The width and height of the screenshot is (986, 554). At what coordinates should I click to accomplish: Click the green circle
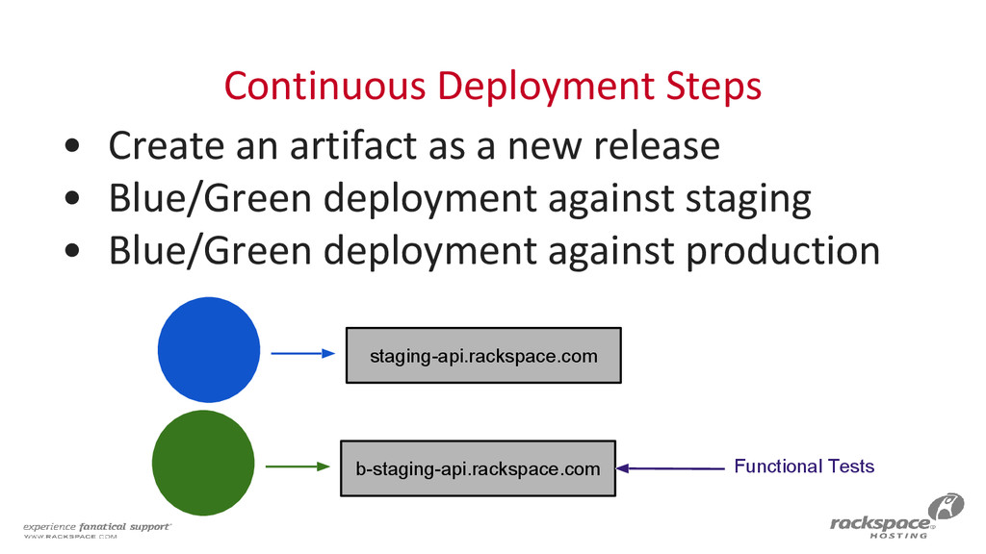coord(203,463)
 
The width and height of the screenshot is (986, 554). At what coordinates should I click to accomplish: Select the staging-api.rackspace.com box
coord(483,356)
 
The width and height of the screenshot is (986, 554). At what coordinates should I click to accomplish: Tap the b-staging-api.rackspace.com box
coord(478,468)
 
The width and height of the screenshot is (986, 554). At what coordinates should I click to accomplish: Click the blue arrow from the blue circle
coord(302,354)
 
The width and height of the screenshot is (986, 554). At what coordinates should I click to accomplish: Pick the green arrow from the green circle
coord(297,466)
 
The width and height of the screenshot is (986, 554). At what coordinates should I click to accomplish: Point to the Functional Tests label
coord(804,466)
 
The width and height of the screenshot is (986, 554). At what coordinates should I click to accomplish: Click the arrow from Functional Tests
coord(670,468)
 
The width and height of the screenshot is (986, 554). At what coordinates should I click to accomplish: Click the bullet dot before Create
coord(73,147)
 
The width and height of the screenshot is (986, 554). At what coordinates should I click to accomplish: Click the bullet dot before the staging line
coord(73,200)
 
